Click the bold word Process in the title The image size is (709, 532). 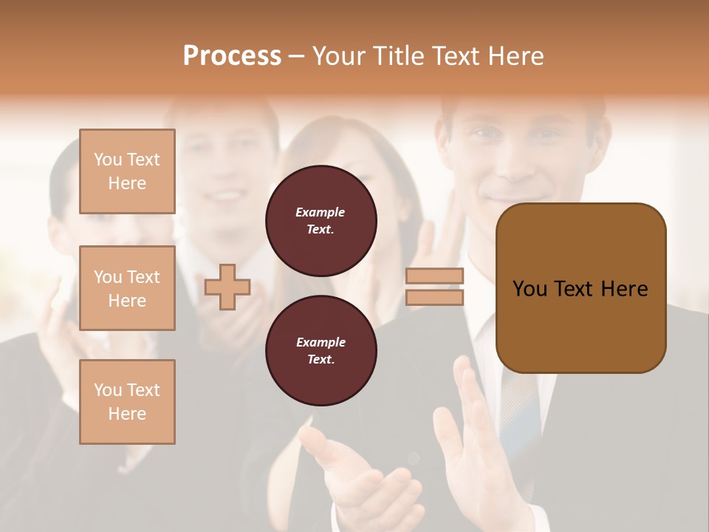click(232, 56)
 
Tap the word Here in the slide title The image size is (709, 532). click(516, 56)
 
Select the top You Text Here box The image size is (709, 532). click(127, 171)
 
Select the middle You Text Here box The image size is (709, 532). click(127, 288)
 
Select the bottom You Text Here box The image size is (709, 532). click(127, 402)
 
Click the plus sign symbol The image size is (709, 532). click(227, 287)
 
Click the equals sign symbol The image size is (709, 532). click(434, 287)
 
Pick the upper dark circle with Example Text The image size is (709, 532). click(321, 220)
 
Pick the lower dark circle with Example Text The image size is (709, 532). click(321, 350)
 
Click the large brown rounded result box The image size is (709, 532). click(580, 288)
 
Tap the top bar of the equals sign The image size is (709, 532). click(434, 276)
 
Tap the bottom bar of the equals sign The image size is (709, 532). click(434, 297)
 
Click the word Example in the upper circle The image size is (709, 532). click(321, 212)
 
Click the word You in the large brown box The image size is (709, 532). click(530, 289)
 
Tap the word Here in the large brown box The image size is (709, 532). click(624, 289)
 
